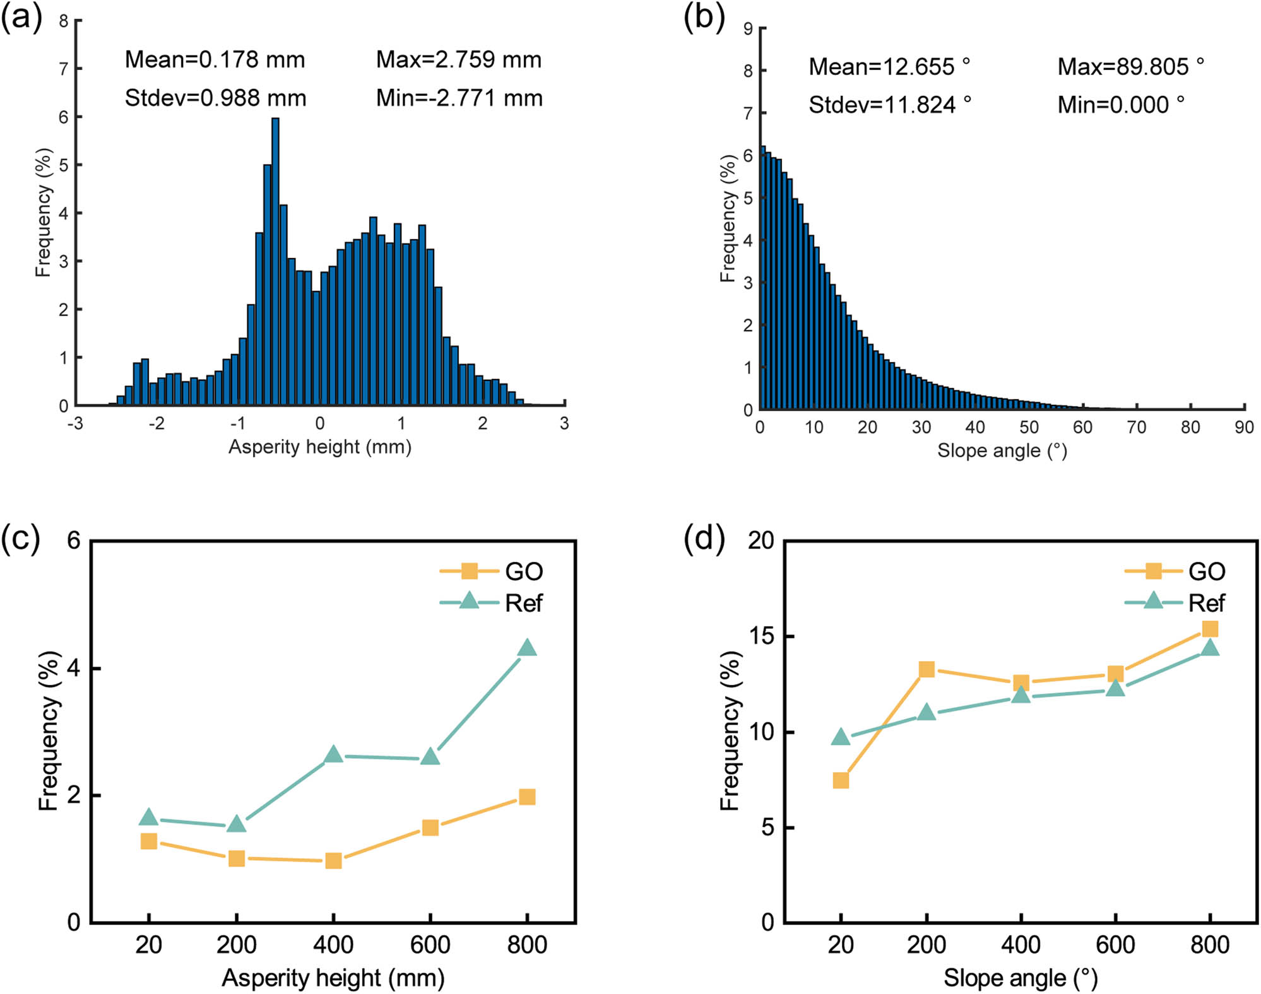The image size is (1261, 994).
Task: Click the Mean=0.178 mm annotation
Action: (x=215, y=60)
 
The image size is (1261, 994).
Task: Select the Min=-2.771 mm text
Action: (x=459, y=98)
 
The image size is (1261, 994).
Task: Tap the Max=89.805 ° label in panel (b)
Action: (x=1130, y=67)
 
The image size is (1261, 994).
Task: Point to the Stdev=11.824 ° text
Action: (x=889, y=105)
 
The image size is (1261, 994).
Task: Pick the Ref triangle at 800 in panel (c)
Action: (x=527, y=648)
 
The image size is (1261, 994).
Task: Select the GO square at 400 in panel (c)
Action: (x=333, y=861)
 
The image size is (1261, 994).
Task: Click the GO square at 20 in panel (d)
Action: (x=841, y=781)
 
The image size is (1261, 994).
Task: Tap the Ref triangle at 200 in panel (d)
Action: (x=926, y=713)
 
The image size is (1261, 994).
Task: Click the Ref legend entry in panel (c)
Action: (x=491, y=603)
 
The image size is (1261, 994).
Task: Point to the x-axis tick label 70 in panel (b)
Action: (x=1136, y=428)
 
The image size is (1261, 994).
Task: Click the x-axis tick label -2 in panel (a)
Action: (x=157, y=423)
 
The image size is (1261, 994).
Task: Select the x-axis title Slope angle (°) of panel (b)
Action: (x=1002, y=450)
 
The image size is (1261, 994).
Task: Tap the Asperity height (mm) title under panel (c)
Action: (x=333, y=978)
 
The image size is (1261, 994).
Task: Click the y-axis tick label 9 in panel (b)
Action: (x=748, y=28)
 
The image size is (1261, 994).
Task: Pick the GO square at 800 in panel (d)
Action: (x=1210, y=629)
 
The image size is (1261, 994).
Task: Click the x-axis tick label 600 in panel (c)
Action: (x=430, y=945)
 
